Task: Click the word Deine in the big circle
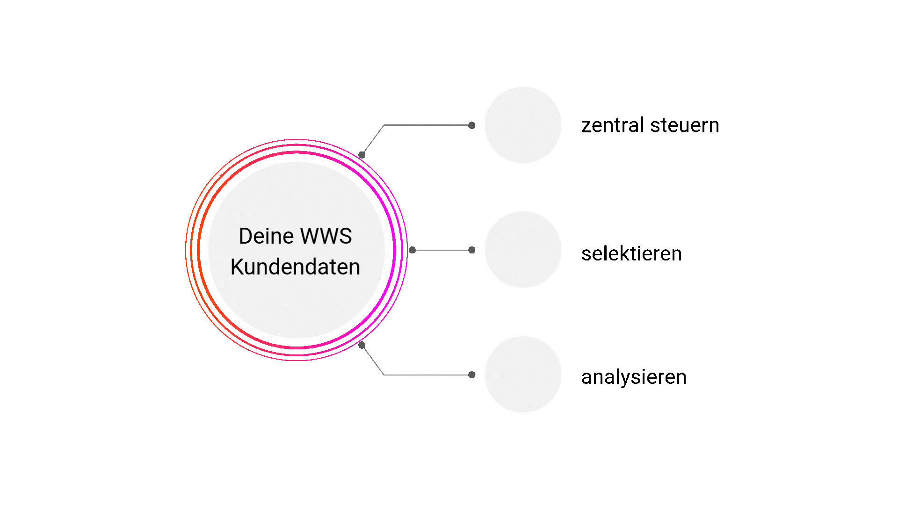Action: (266, 236)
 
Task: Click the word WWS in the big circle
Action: (326, 236)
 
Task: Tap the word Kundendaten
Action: (295, 267)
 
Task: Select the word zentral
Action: (613, 126)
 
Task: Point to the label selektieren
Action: (631, 254)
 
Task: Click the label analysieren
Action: (634, 377)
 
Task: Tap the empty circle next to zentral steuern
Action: (523, 125)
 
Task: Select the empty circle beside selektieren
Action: (523, 250)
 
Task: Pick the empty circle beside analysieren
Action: (523, 374)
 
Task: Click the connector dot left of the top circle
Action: (472, 125)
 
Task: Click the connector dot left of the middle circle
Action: (472, 250)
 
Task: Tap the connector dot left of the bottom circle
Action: (472, 375)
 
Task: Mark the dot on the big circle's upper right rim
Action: (362, 155)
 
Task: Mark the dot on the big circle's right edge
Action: (412, 250)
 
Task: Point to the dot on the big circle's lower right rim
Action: (362, 345)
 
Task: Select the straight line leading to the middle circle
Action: (442, 250)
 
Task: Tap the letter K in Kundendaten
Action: (238, 267)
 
